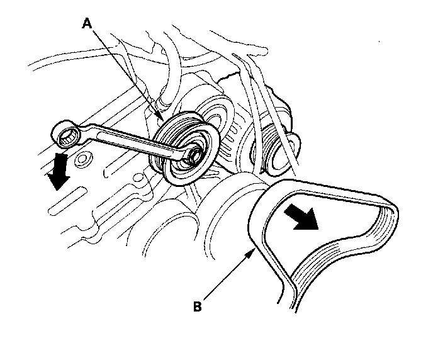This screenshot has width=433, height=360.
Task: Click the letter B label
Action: pyautogui.click(x=198, y=307)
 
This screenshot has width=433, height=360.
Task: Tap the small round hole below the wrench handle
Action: pyautogui.click(x=81, y=161)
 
